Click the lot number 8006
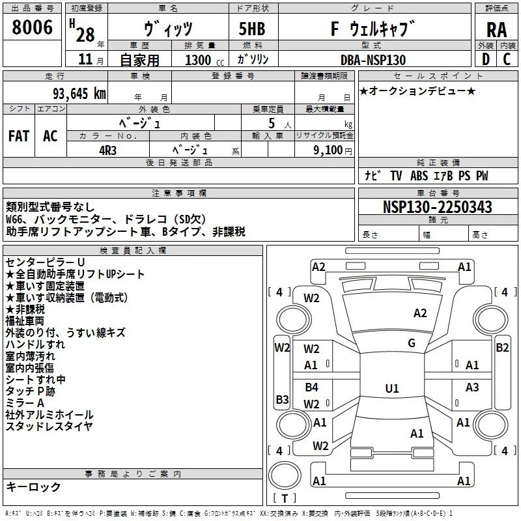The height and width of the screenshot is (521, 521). [33, 27]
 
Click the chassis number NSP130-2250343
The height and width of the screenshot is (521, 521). [437, 207]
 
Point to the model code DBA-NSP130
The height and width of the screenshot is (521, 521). [373, 60]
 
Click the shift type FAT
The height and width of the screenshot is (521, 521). [18, 136]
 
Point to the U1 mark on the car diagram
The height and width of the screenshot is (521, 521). [392, 388]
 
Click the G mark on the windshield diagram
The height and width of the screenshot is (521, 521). [412, 343]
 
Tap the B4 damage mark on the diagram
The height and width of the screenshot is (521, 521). [312, 387]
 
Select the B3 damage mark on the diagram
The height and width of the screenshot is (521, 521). [282, 399]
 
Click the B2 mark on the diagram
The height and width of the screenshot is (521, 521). [502, 348]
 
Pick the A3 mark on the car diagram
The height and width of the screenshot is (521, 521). [473, 387]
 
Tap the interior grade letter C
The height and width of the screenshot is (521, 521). [507, 60]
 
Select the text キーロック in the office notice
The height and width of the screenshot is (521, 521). [33, 487]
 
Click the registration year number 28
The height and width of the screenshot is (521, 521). [85, 34]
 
